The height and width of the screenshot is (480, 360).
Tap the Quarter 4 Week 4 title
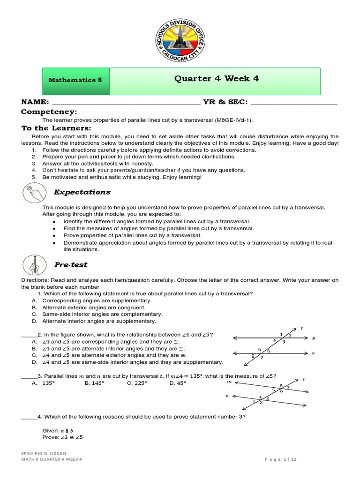click(x=216, y=79)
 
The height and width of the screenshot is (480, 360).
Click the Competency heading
click(x=49, y=112)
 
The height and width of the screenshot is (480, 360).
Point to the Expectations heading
click(x=82, y=192)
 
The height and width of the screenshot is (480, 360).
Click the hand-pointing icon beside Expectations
click(x=36, y=194)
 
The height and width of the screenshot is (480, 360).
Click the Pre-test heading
click(x=70, y=265)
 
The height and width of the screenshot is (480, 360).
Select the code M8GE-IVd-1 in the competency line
click(x=233, y=120)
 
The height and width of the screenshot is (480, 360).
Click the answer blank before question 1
click(x=29, y=294)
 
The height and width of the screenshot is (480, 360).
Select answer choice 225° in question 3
click(x=137, y=383)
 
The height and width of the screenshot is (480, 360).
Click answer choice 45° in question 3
click(x=178, y=383)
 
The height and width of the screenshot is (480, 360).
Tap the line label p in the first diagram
click(x=313, y=337)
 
